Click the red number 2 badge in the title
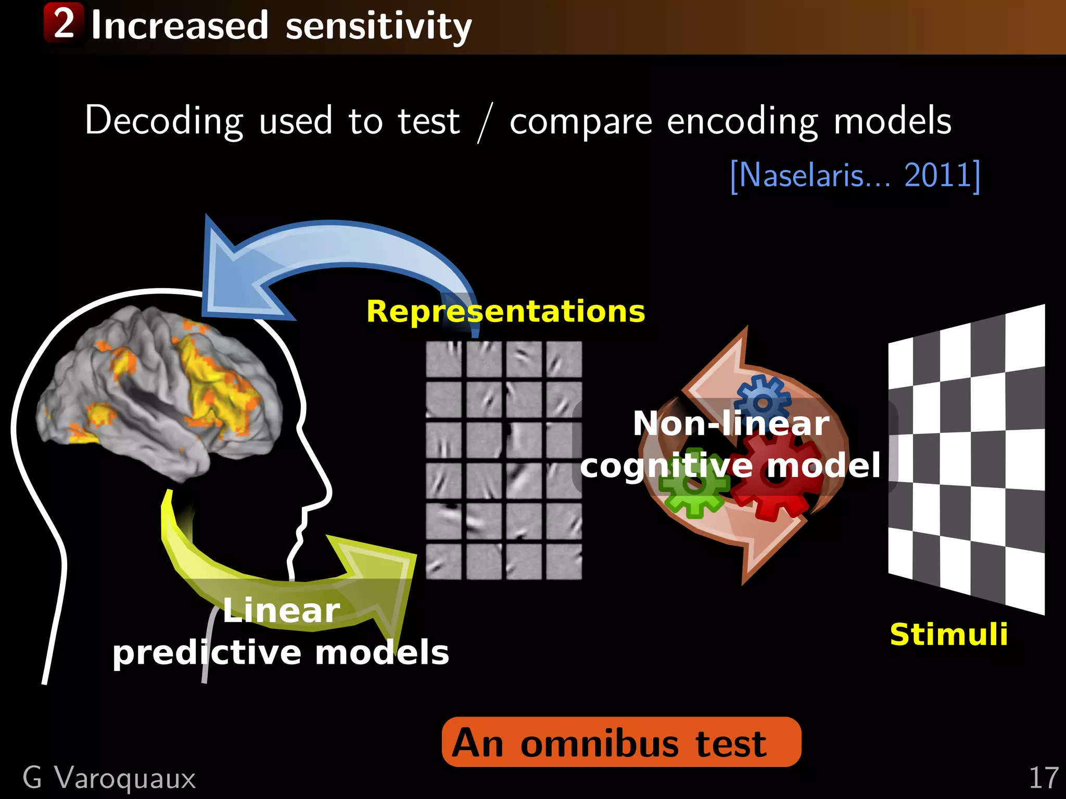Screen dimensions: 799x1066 [64, 23]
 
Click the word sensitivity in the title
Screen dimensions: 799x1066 [378, 26]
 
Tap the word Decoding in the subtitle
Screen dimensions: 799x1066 [164, 121]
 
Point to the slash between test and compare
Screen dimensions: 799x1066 [485, 123]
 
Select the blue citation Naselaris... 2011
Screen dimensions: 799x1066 [855, 175]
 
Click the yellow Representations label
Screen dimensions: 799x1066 [505, 312]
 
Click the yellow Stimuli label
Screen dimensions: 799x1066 [948, 634]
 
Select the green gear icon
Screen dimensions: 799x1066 [693, 484]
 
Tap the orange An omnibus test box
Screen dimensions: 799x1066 [621, 742]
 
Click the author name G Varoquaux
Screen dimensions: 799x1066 [109, 778]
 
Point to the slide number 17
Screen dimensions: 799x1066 [1043, 778]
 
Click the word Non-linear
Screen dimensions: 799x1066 [731, 423]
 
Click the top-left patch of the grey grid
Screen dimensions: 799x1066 [443, 359]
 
